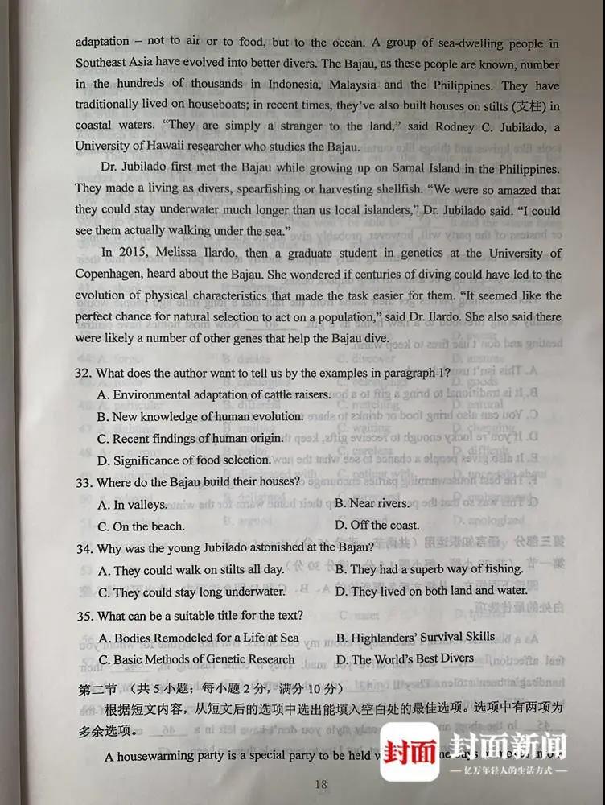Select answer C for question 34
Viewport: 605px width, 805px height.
(x=191, y=592)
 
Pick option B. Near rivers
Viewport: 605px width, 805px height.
(x=372, y=503)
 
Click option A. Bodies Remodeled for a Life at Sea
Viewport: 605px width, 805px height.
(x=198, y=638)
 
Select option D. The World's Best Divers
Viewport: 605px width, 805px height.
(x=405, y=659)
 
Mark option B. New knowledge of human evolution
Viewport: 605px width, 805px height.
(x=200, y=417)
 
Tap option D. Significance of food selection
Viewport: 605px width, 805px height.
(x=183, y=460)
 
